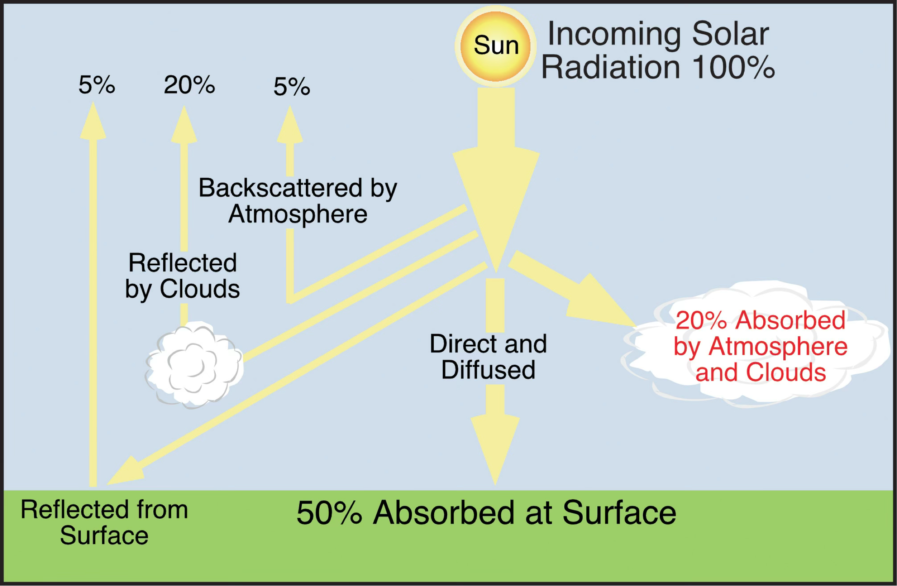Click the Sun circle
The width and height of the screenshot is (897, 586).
[495, 46]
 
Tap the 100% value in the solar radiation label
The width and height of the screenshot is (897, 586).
[734, 67]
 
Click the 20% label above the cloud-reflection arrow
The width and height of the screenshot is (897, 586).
[189, 85]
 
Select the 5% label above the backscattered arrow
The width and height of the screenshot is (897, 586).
[292, 86]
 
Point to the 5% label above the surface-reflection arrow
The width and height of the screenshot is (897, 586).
[97, 85]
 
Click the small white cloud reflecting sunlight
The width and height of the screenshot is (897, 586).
[194, 365]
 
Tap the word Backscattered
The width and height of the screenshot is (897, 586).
[281, 188]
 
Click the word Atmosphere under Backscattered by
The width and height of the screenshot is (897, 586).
[298, 214]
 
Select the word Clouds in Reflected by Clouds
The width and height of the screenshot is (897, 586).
[200, 289]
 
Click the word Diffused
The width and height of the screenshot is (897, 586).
[488, 370]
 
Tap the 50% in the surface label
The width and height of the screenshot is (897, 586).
[329, 512]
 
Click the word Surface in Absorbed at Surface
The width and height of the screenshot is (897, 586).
[619, 512]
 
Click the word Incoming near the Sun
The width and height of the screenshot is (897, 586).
[614, 34]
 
